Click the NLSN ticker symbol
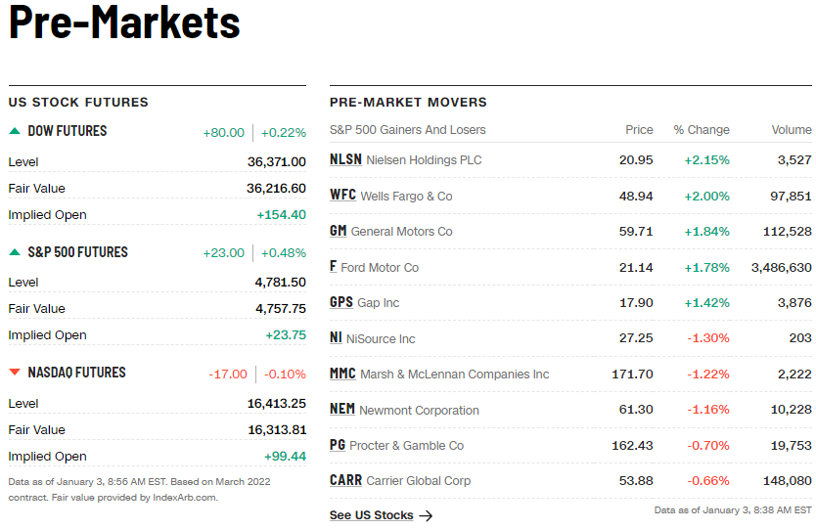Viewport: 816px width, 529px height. (345, 159)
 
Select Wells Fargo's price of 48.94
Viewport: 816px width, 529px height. (636, 196)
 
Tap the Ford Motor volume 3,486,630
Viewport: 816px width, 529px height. (781, 267)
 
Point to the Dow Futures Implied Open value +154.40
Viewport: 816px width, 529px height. (281, 214)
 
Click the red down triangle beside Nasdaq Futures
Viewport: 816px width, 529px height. (15, 373)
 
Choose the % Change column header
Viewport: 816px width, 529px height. (701, 129)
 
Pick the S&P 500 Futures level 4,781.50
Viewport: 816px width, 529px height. (280, 282)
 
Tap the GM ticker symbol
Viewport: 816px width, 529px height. (339, 231)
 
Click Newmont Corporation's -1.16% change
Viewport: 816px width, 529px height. (706, 410)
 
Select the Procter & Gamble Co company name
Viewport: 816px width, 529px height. (406, 445)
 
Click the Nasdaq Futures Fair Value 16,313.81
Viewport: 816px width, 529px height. (276, 429)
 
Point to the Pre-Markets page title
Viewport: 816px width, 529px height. (124, 22)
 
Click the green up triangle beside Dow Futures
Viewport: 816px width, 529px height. (15, 131)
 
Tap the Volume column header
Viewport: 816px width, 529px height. (791, 129)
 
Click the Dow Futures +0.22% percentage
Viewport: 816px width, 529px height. (284, 132)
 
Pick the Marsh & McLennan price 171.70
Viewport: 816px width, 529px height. (631, 374)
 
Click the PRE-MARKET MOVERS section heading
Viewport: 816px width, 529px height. (408, 102)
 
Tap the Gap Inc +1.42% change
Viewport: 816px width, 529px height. (706, 302)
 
